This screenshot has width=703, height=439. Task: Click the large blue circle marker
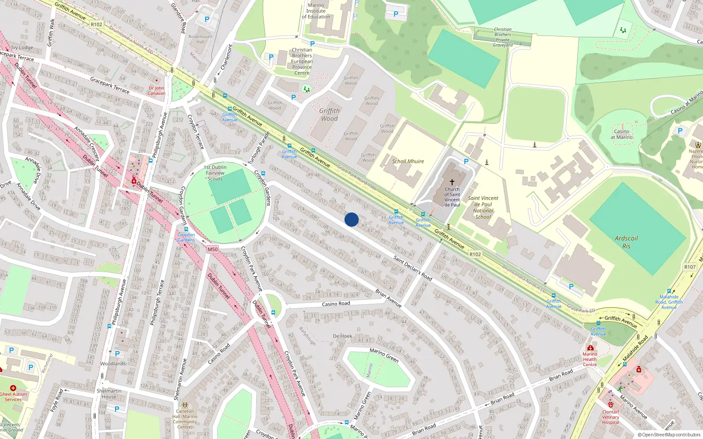click(x=351, y=219)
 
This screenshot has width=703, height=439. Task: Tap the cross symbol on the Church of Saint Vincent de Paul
click(x=452, y=182)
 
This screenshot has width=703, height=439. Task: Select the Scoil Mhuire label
click(x=408, y=162)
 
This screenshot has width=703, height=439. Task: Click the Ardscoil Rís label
click(x=626, y=242)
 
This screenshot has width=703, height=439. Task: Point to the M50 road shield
click(x=213, y=249)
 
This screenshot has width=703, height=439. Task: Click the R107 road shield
click(x=690, y=267)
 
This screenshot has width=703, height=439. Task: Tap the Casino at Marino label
click(x=621, y=134)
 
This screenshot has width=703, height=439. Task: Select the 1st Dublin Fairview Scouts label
click(x=215, y=173)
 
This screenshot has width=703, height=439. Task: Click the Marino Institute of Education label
click(x=316, y=11)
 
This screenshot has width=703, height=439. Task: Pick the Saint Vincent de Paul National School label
click(x=483, y=207)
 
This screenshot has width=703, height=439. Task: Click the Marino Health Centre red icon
click(x=590, y=348)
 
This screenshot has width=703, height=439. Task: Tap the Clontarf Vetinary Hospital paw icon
click(x=611, y=405)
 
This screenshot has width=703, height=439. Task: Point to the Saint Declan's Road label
click(x=413, y=268)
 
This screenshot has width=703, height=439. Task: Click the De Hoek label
click(x=342, y=336)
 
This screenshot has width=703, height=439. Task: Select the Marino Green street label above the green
click(x=384, y=355)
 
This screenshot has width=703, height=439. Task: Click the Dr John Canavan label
click(x=156, y=90)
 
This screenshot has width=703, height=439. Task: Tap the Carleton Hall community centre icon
click(x=185, y=405)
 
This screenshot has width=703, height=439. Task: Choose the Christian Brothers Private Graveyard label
click(x=503, y=37)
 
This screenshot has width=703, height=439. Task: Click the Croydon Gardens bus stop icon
click(x=186, y=229)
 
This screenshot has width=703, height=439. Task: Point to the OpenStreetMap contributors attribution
click(x=669, y=435)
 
